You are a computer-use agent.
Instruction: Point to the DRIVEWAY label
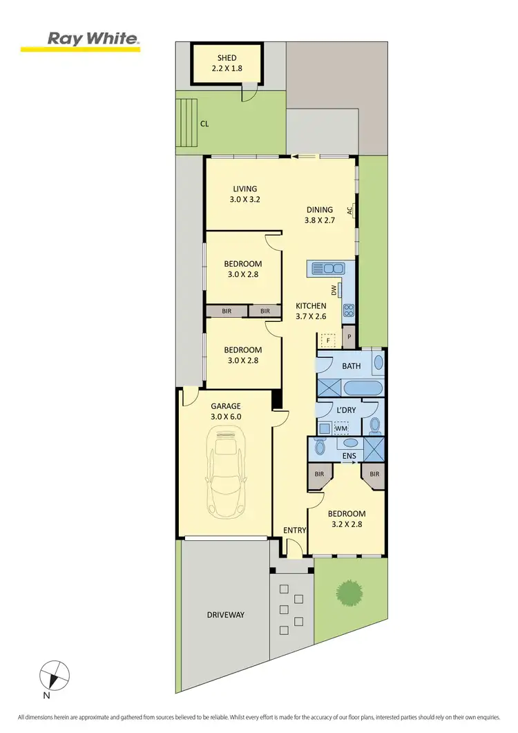(x=225, y=615)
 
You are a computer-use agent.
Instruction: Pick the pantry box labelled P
(x=349, y=337)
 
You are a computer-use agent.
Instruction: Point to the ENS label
(x=349, y=456)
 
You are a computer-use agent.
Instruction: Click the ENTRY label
(x=294, y=530)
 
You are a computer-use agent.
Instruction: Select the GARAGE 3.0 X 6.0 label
(x=226, y=412)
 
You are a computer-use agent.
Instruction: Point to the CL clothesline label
(x=205, y=124)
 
